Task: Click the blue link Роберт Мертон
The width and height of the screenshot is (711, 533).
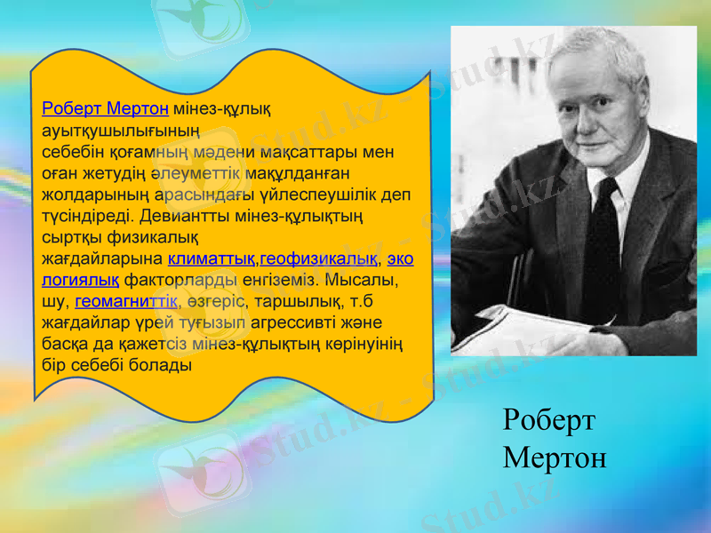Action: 106,108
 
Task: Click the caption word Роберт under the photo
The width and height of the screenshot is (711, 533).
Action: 548,420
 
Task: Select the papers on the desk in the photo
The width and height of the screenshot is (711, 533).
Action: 524,329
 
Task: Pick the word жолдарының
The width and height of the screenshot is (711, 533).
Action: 97,195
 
